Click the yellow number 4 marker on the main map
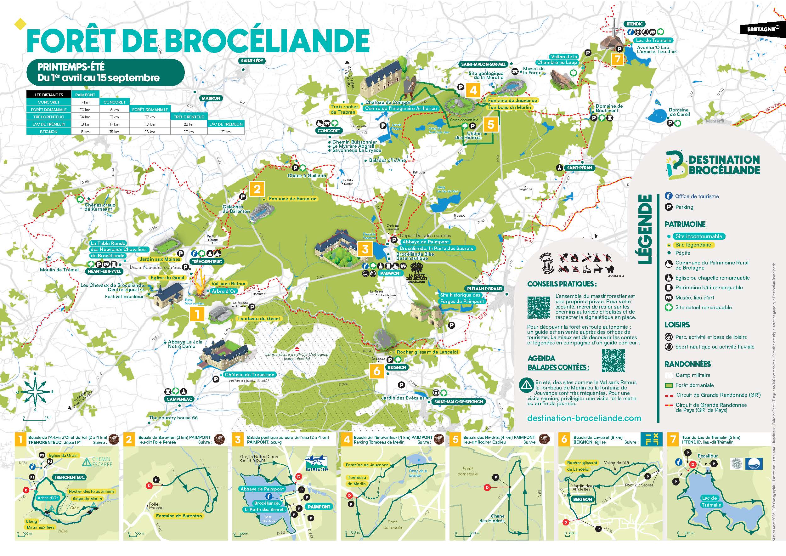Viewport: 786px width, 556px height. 473,90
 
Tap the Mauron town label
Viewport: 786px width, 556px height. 211,98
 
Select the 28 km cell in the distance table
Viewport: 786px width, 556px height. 189,124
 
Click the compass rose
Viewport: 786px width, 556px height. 36,391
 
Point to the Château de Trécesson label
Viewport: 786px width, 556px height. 250,375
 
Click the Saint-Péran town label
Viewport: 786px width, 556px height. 579,168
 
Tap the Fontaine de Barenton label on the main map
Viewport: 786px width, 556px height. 293,199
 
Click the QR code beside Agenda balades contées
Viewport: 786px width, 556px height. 613,360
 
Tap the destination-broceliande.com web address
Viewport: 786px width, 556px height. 584,418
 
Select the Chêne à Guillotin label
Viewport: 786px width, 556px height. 307,176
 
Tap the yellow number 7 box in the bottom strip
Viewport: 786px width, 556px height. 673,439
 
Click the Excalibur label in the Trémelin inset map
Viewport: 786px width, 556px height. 708,456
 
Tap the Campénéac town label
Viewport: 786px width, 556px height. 179,399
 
